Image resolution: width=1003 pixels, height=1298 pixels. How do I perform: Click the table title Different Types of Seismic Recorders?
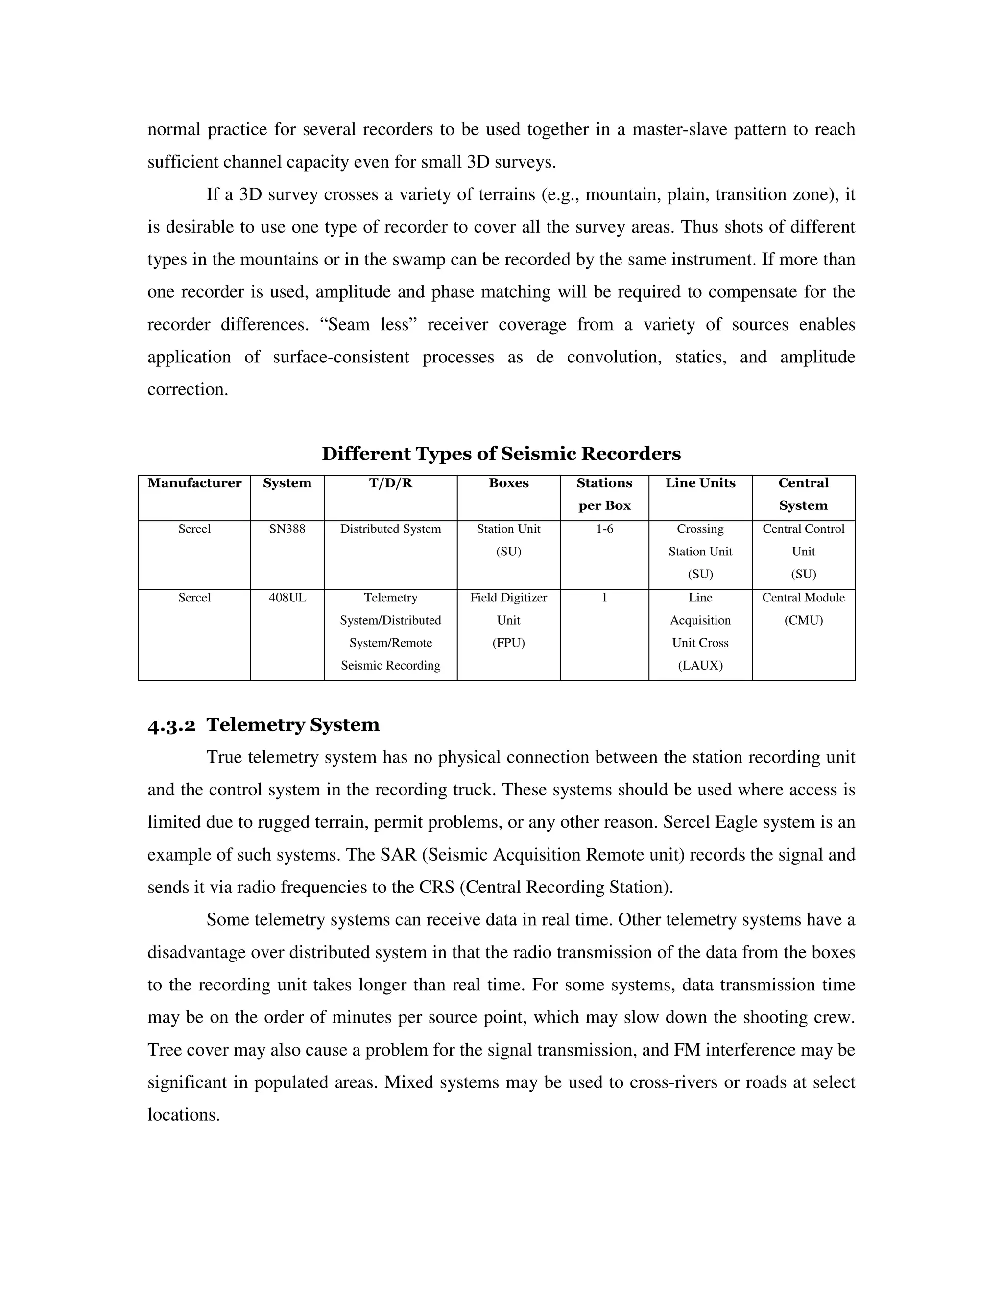(x=501, y=454)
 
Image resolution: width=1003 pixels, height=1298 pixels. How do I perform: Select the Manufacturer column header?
(x=194, y=483)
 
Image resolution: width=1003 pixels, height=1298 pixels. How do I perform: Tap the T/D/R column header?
(x=390, y=483)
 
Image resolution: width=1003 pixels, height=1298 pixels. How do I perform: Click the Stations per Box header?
(x=604, y=495)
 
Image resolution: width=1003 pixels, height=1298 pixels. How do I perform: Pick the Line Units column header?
(x=700, y=483)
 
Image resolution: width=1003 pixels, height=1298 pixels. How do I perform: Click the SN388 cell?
(x=287, y=529)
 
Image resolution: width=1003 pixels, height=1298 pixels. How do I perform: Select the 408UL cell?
(x=287, y=598)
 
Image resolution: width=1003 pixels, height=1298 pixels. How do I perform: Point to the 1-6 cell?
(x=604, y=529)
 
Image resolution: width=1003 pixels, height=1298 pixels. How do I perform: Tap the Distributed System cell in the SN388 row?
(x=390, y=529)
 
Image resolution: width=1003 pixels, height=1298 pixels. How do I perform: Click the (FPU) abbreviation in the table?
(x=509, y=643)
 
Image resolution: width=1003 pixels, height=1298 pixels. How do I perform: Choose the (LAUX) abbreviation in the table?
(x=700, y=666)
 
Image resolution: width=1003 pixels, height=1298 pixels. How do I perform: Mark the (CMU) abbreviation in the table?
(x=803, y=621)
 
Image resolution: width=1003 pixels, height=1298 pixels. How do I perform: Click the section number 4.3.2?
(x=171, y=726)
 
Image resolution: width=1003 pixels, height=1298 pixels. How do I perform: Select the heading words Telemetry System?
(x=293, y=725)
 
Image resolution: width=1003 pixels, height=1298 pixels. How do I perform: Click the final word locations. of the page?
(x=184, y=1114)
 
